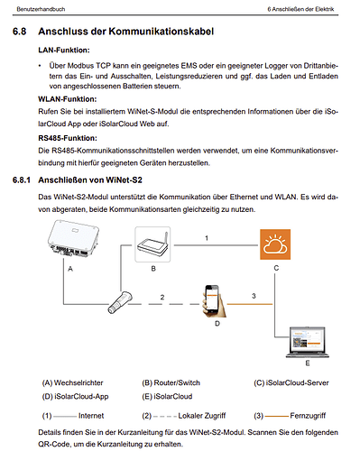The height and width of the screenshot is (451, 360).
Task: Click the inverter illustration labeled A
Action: coord(73,238)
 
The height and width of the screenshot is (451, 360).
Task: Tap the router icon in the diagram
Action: coord(152,244)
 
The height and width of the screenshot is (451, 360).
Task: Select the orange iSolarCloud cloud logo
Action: coord(275,244)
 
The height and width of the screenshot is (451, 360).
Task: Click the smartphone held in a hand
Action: coord(214,301)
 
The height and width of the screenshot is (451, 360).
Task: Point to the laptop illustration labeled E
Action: coord(307,342)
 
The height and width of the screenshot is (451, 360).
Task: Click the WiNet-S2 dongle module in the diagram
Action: coord(120,302)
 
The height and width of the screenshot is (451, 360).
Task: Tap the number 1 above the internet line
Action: coord(207,238)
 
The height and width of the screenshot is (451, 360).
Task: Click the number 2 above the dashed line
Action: coord(162,297)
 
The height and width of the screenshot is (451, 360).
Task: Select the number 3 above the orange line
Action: coord(254,296)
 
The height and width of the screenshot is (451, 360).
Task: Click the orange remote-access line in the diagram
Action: coord(250,304)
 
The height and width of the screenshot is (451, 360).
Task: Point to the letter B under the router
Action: coord(153,269)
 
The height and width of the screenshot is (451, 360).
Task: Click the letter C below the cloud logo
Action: coord(276,268)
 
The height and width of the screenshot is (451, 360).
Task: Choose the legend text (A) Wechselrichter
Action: coord(72,382)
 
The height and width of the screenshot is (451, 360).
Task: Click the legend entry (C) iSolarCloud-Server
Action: coord(291,382)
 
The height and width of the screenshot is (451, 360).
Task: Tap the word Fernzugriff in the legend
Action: coord(308,416)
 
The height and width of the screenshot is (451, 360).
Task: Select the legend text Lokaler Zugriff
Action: coord(202,416)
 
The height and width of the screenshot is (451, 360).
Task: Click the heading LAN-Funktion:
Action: coord(64,50)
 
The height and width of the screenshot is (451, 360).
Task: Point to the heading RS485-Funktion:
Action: coord(68,138)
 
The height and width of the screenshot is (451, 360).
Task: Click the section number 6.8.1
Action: coord(22,180)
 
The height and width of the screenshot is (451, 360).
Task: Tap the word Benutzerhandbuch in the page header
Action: coord(41,9)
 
